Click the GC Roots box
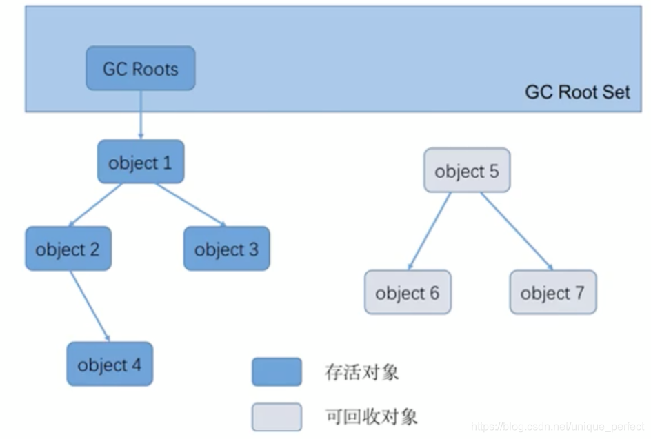[x=141, y=68]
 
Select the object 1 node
[x=141, y=163]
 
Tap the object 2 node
[x=68, y=249]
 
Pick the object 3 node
[x=226, y=249]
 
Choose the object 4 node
[x=109, y=364]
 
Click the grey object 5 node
[x=467, y=170]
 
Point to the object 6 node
[x=407, y=293]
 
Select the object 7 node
[x=552, y=293]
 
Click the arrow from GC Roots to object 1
[x=141, y=114]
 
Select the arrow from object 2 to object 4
[x=90, y=305]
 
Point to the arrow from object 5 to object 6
[x=429, y=232]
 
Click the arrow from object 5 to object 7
[x=516, y=231]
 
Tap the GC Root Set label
[x=577, y=92]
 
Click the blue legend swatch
[x=276, y=372]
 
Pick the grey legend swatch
[x=276, y=416]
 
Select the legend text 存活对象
[x=361, y=373]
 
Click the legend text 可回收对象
[x=371, y=416]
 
